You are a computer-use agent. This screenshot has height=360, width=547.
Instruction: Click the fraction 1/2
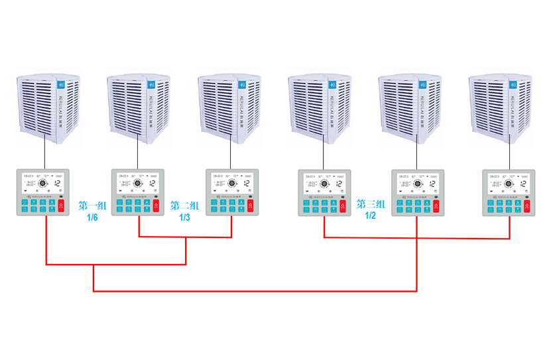click(x=371, y=216)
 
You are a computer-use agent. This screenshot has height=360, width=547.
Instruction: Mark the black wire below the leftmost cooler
click(x=44, y=153)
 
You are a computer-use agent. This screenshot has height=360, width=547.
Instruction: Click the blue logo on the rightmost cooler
click(x=513, y=85)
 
